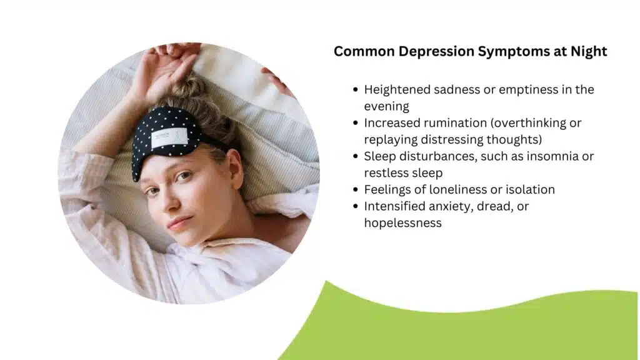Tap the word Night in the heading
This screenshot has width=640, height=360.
(x=589, y=51)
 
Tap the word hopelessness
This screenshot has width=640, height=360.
(x=402, y=222)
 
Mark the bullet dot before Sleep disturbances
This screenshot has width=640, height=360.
(x=356, y=156)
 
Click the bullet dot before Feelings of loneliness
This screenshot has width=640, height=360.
(x=356, y=189)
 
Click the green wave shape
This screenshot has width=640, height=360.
(x=475, y=325)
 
